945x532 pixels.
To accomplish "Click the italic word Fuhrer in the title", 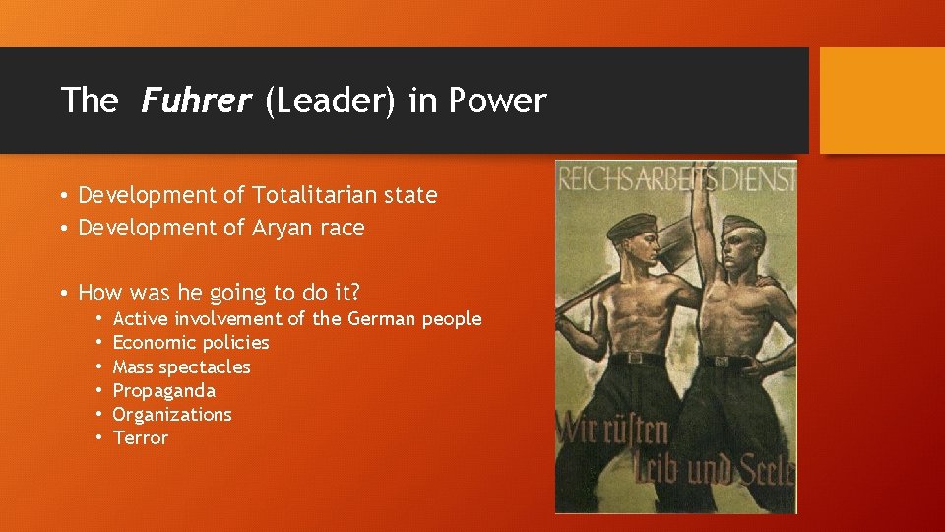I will pos(197,100).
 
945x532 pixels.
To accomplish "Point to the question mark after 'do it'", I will pos(355,293).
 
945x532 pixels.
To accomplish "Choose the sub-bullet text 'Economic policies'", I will pos(191,342).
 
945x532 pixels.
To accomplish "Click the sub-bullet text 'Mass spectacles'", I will pos(182,366).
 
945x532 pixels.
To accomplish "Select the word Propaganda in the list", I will pos(164,390).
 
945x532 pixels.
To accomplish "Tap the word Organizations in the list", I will pos(172,414).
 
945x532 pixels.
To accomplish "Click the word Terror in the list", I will pos(141,437).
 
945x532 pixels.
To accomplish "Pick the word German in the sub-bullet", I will pos(378,318).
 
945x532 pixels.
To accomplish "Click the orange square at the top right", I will pos(881,100).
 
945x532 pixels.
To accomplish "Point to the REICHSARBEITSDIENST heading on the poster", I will pos(676,181).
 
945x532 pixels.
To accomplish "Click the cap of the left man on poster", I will pos(632,225).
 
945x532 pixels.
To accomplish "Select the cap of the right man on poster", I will pos(740,228).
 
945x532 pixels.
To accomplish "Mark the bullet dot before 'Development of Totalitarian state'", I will pos(63,196).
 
